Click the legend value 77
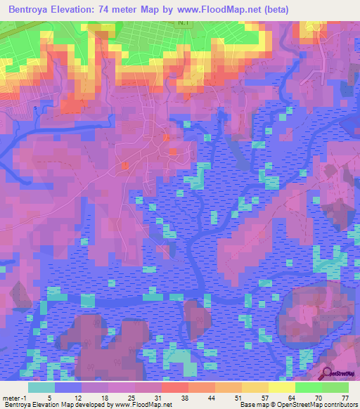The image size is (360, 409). (x=345, y=398)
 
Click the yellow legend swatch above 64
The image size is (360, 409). (x=281, y=387)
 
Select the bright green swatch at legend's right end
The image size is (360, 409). (x=335, y=387)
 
